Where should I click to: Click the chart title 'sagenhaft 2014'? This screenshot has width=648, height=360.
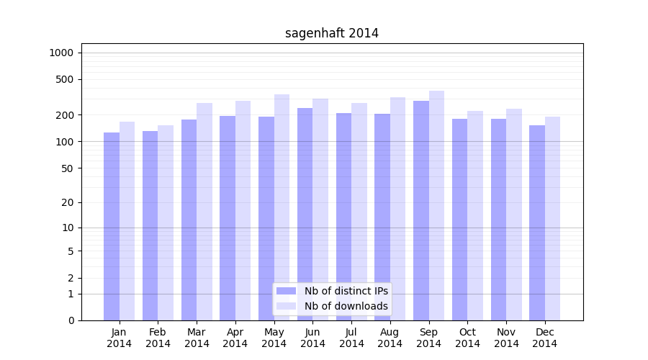point(332,33)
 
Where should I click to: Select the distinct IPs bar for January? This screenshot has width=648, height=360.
point(112,226)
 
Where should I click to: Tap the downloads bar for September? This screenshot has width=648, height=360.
point(436,205)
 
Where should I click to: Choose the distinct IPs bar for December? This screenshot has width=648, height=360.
point(537,222)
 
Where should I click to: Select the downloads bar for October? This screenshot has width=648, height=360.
point(475,215)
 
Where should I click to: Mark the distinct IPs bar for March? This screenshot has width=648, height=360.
point(189,220)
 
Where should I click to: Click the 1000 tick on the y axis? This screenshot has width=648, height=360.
point(61,53)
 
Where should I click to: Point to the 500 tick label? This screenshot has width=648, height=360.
point(65,79)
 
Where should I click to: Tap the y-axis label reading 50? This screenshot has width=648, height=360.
point(68,168)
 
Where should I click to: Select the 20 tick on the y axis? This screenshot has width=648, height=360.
point(68,203)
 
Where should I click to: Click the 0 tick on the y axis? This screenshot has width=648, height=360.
point(71,320)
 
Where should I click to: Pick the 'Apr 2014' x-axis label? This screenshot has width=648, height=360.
point(235,338)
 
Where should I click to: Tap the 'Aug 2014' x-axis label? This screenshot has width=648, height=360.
point(390,338)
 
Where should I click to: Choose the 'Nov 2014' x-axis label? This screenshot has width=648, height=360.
point(506,338)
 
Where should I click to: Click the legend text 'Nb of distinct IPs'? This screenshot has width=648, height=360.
point(346,291)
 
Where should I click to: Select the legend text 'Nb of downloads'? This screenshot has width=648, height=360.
point(346,306)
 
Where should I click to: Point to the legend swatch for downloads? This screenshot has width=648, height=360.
point(286,306)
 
